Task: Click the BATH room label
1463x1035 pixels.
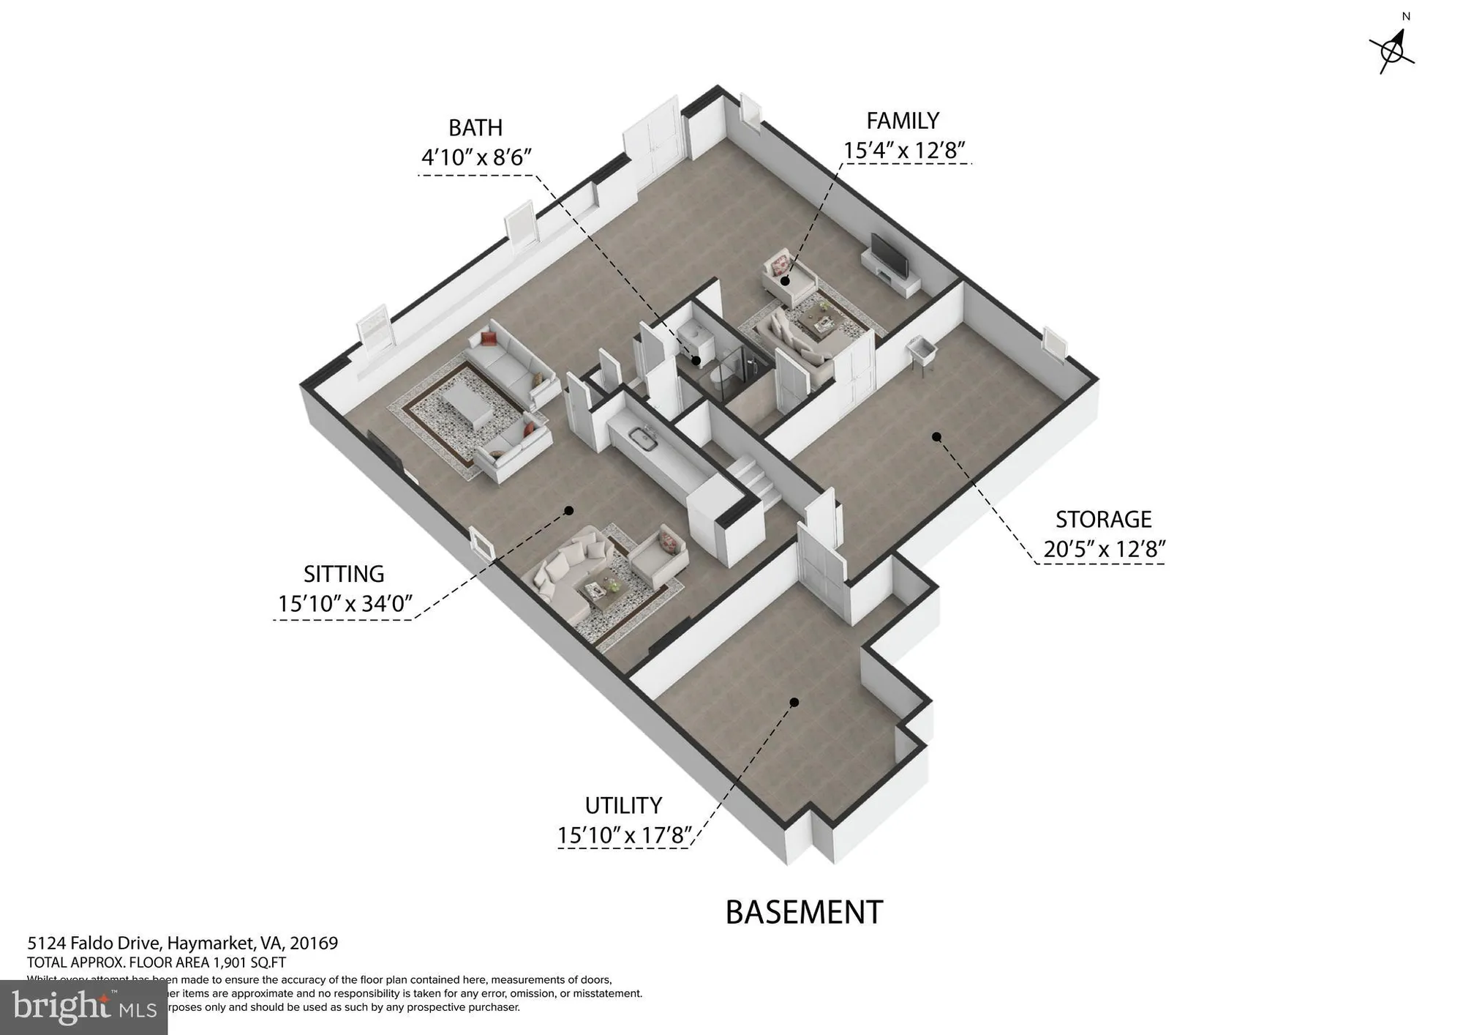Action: [475, 127]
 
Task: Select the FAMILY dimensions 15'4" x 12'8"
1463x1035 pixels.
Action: [903, 151]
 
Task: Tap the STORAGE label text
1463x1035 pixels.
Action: [1103, 519]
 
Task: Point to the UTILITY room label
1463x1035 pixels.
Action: [623, 805]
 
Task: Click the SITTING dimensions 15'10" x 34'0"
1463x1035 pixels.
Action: [345, 604]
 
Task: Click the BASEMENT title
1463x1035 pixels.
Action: [804, 913]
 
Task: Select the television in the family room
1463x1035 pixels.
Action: [890, 255]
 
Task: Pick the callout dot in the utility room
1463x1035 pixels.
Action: [794, 702]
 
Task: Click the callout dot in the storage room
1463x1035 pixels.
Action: [936, 437]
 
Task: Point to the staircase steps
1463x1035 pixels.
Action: [753, 479]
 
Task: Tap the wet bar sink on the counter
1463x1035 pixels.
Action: [646, 439]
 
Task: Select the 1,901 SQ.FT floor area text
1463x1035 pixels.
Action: [249, 963]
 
